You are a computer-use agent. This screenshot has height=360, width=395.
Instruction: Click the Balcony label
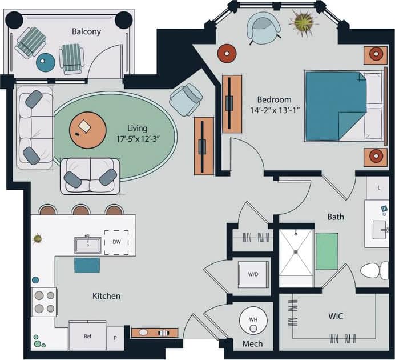pyautogui.click(x=86, y=31)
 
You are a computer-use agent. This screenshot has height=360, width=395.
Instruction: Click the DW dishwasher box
pyautogui.click(x=116, y=242)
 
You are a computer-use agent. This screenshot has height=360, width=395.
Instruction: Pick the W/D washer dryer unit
pyautogui.click(x=253, y=274)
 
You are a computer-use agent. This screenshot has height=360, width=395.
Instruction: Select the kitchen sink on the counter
pyautogui.click(x=87, y=245)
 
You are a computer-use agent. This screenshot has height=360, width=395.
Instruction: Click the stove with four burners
pyautogui.click(x=44, y=302)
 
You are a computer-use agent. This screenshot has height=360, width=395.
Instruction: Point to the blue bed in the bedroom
pyautogui.click(x=336, y=106)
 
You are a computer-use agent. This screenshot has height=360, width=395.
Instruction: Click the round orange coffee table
pyautogui.click(x=87, y=129)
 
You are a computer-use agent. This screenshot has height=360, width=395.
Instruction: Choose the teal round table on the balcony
pyautogui.click(x=45, y=62)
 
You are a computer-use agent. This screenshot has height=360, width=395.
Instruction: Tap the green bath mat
pyautogui.click(x=327, y=251)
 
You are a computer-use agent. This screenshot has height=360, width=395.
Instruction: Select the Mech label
pyautogui.click(x=252, y=343)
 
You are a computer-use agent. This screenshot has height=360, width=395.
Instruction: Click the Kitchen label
pyautogui.click(x=107, y=296)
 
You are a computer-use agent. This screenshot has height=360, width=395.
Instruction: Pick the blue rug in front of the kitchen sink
pyautogui.click(x=87, y=265)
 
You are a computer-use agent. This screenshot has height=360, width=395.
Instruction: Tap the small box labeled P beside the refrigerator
pyautogui.click(x=116, y=337)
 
